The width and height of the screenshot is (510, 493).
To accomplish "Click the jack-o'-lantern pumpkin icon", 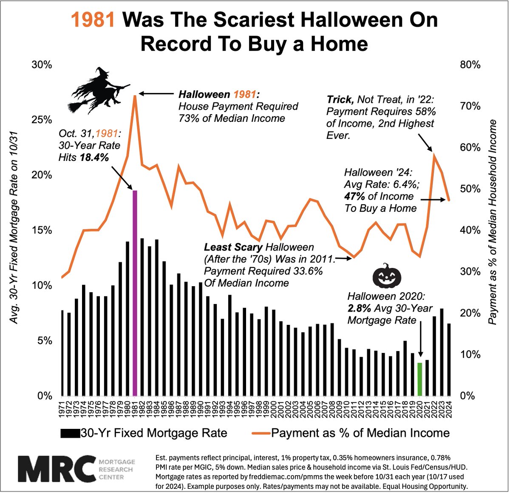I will pos(387,276).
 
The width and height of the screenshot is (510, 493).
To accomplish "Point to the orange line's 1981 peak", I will pos(135,96).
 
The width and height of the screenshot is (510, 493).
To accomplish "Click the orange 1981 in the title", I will pos(93,20).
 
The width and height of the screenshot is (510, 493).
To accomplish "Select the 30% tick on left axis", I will pos(42,65).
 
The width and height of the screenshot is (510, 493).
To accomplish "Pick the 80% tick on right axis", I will pos(470,65).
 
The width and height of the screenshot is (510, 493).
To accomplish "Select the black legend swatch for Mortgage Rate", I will pos(70,434).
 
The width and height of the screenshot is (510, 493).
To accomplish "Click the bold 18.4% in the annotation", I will pos(94,158).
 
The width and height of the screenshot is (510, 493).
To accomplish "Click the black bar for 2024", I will pos(449,359).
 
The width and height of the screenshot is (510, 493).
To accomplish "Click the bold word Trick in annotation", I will pos(340,99).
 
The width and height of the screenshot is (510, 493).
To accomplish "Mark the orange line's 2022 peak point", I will pos(433,154).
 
